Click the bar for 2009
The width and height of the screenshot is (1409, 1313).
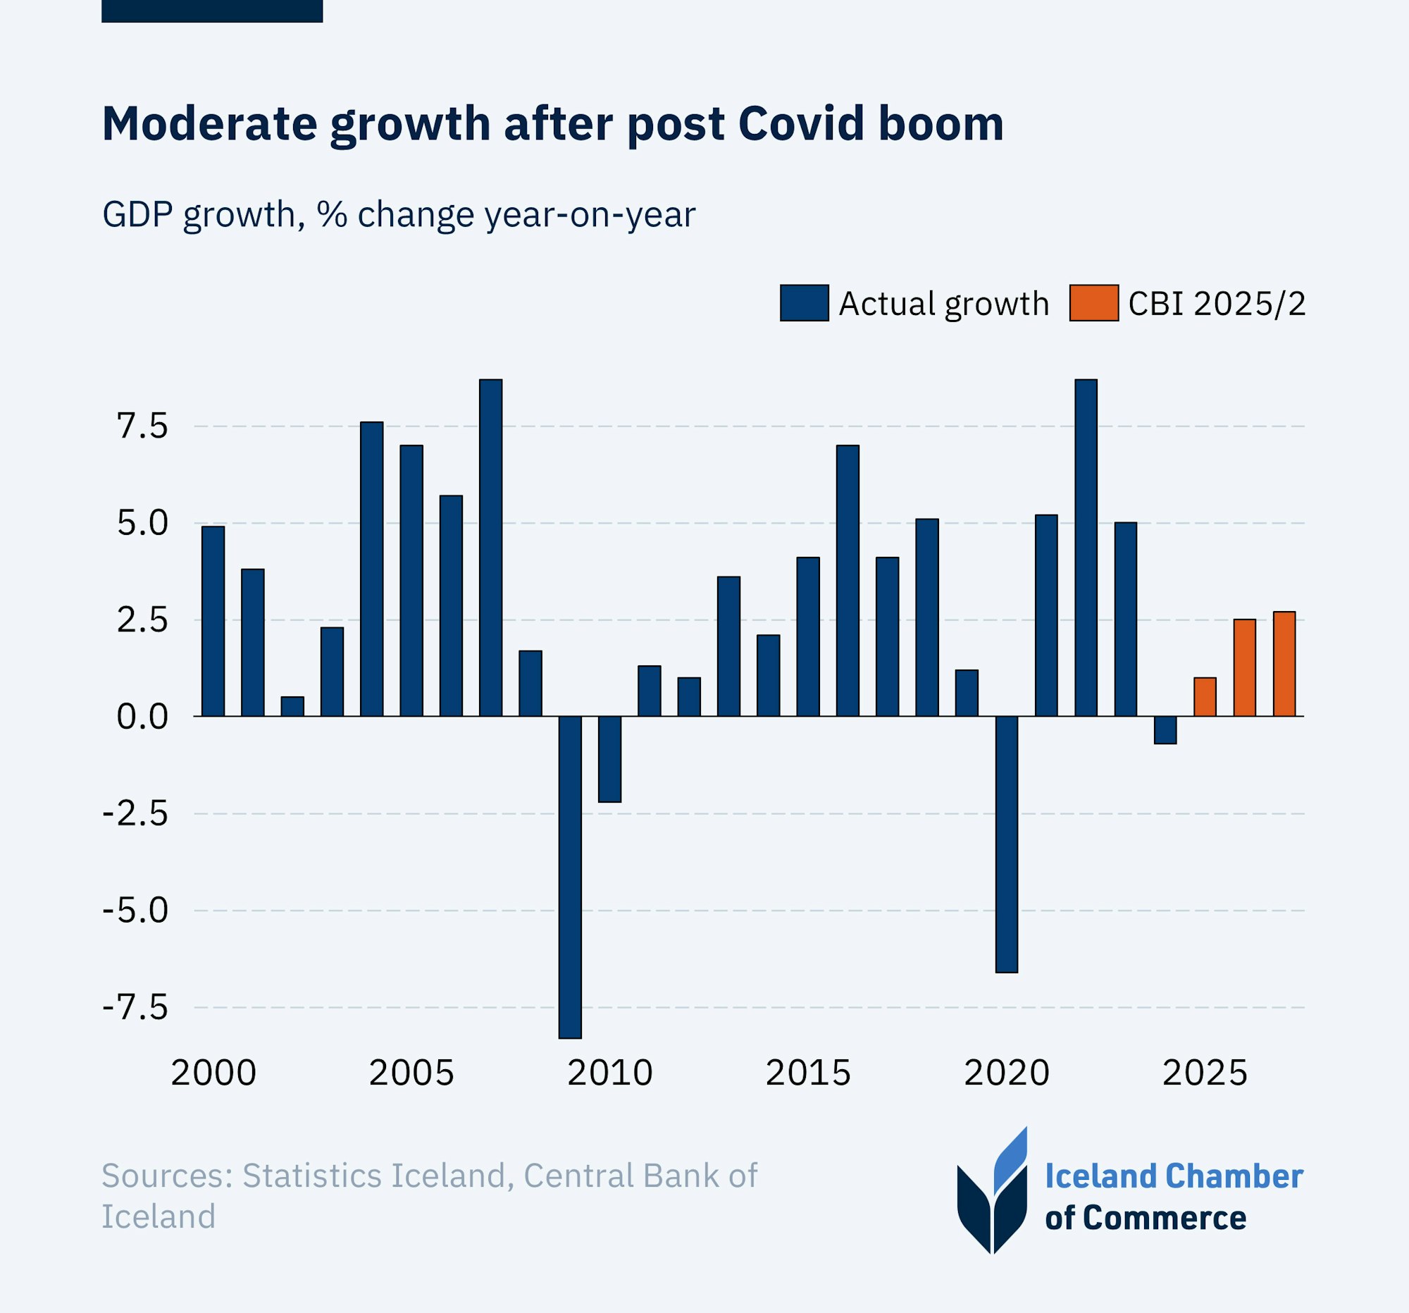click(x=570, y=877)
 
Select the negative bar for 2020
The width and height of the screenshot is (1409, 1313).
click(x=1007, y=844)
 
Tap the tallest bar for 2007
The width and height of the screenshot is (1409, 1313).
click(x=490, y=548)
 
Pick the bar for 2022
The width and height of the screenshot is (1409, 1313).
click(x=1086, y=548)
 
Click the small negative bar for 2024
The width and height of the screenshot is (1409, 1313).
click(x=1165, y=729)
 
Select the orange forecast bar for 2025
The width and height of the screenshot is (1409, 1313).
click(x=1205, y=697)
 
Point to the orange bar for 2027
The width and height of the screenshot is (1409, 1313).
click(x=1284, y=664)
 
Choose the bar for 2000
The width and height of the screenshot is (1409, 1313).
click(x=213, y=621)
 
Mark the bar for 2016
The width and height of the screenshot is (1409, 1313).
click(x=848, y=581)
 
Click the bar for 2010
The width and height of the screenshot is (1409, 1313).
click(x=609, y=758)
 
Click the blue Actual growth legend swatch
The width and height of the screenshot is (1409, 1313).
click(x=805, y=303)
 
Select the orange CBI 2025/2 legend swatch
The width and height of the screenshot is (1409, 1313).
click(x=1093, y=303)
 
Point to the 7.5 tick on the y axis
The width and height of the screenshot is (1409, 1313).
click(x=142, y=427)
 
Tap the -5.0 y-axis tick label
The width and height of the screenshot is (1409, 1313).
click(x=135, y=911)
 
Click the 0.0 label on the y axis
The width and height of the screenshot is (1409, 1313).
click(x=142, y=717)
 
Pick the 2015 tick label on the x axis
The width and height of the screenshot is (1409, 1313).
click(x=808, y=1073)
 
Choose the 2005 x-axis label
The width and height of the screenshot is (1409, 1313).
click(x=411, y=1073)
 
